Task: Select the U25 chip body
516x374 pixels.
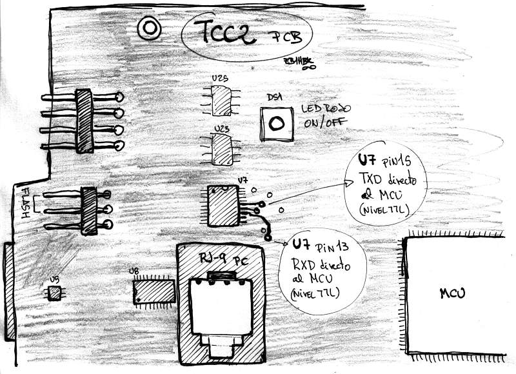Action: pyautogui.click(x=223, y=101)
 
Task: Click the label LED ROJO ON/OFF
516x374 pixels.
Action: pyautogui.click(x=325, y=115)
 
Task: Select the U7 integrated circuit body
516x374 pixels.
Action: pyautogui.click(x=223, y=206)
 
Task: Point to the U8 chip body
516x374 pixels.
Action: pyautogui.click(x=154, y=291)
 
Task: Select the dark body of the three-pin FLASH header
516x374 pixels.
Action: pyautogui.click(x=88, y=210)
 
